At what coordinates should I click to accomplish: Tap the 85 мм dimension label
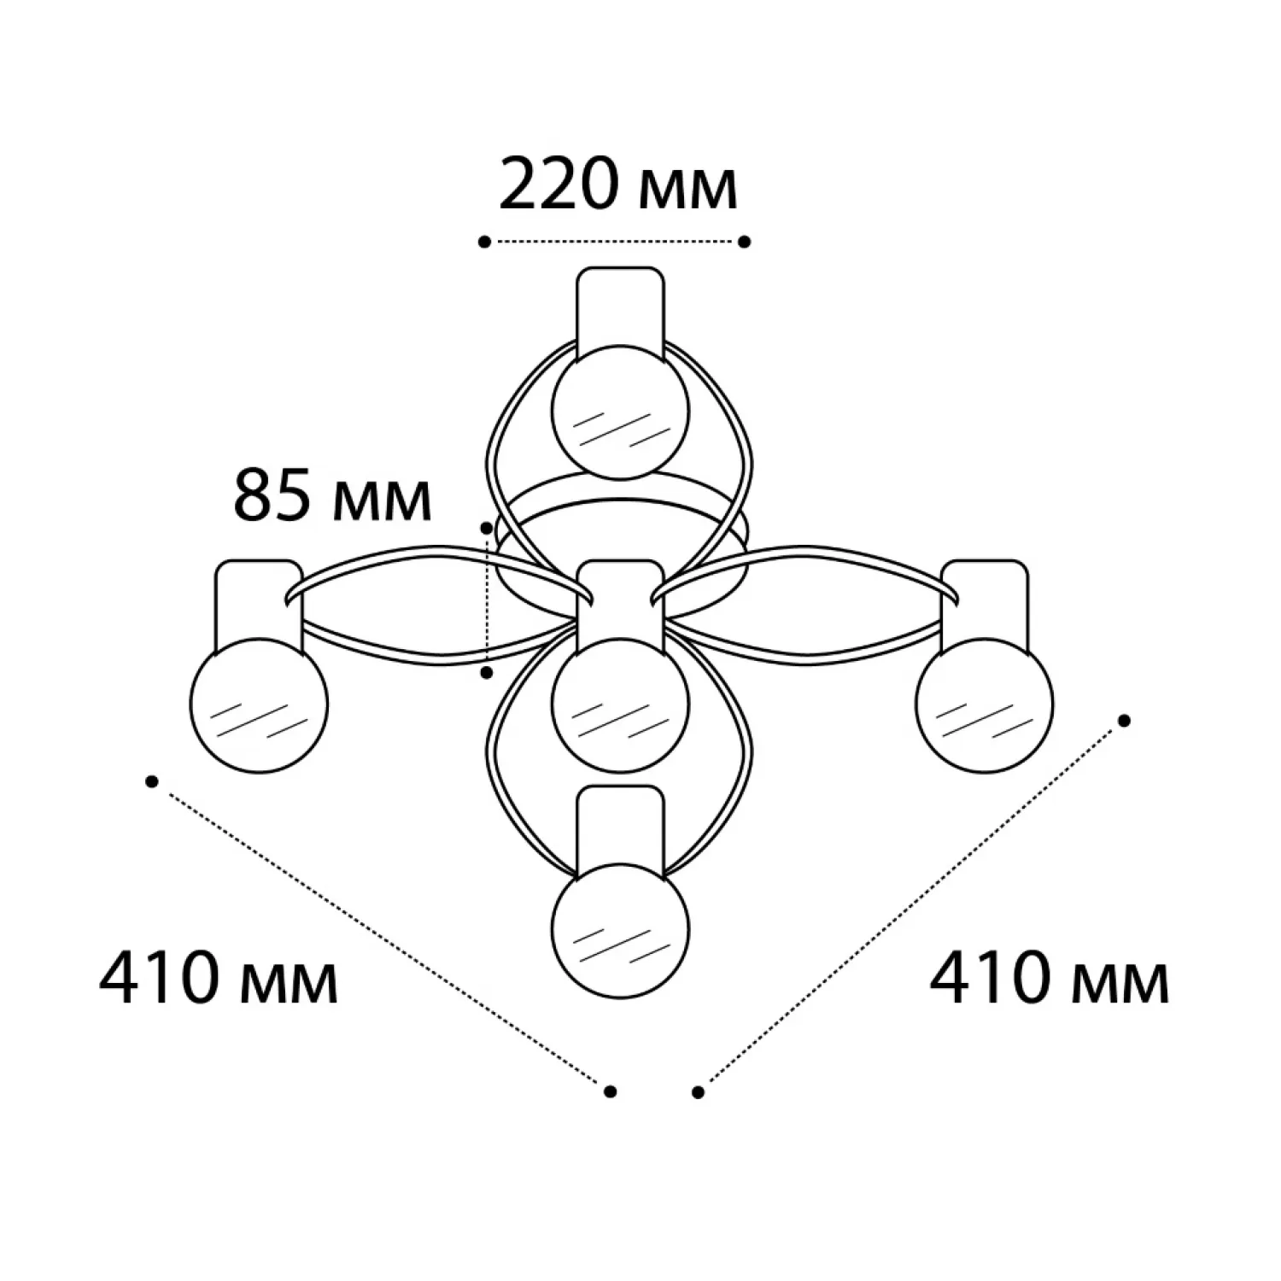coord(332,495)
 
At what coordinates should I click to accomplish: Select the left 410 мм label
coord(219,978)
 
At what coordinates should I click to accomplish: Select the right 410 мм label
coord(1049,978)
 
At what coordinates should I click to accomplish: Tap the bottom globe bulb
coord(620,929)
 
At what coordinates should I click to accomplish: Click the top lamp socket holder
coord(620,312)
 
